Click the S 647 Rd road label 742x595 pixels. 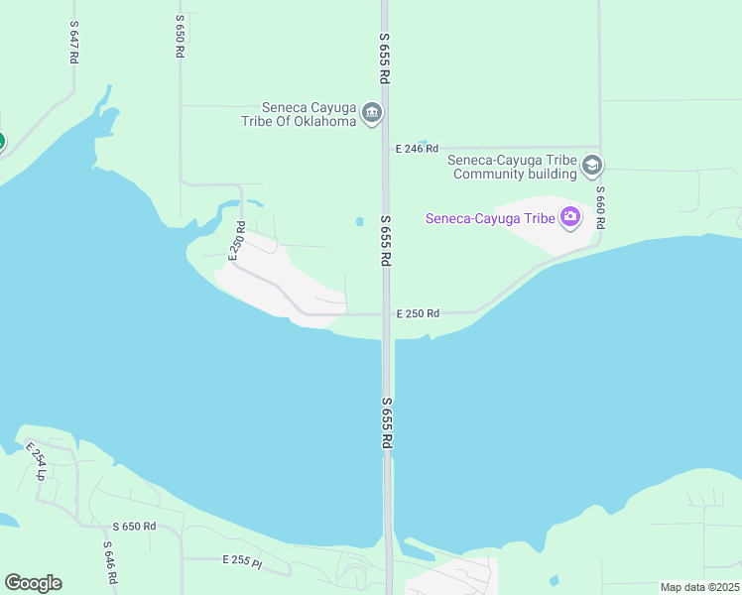pyautogui.click(x=73, y=42)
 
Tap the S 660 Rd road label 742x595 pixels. pyautogui.click(x=600, y=208)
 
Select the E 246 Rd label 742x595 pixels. pyautogui.click(x=417, y=149)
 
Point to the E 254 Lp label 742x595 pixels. pyautogui.click(x=36, y=461)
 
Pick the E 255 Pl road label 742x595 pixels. pyautogui.click(x=242, y=562)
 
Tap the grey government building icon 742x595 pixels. pyautogui.click(x=372, y=113)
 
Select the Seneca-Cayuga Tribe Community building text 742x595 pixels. pyautogui.click(x=512, y=167)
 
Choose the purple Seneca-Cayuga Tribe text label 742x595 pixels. pyautogui.click(x=489, y=218)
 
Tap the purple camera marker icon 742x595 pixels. pyautogui.click(x=570, y=217)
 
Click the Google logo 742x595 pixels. pyautogui.click(x=33, y=583)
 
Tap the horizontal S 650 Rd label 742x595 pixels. pyautogui.click(x=134, y=527)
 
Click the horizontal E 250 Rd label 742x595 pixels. pyautogui.click(x=418, y=313)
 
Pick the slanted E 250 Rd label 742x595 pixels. pyautogui.click(x=237, y=241)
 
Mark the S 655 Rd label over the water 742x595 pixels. pyautogui.click(x=387, y=424)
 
